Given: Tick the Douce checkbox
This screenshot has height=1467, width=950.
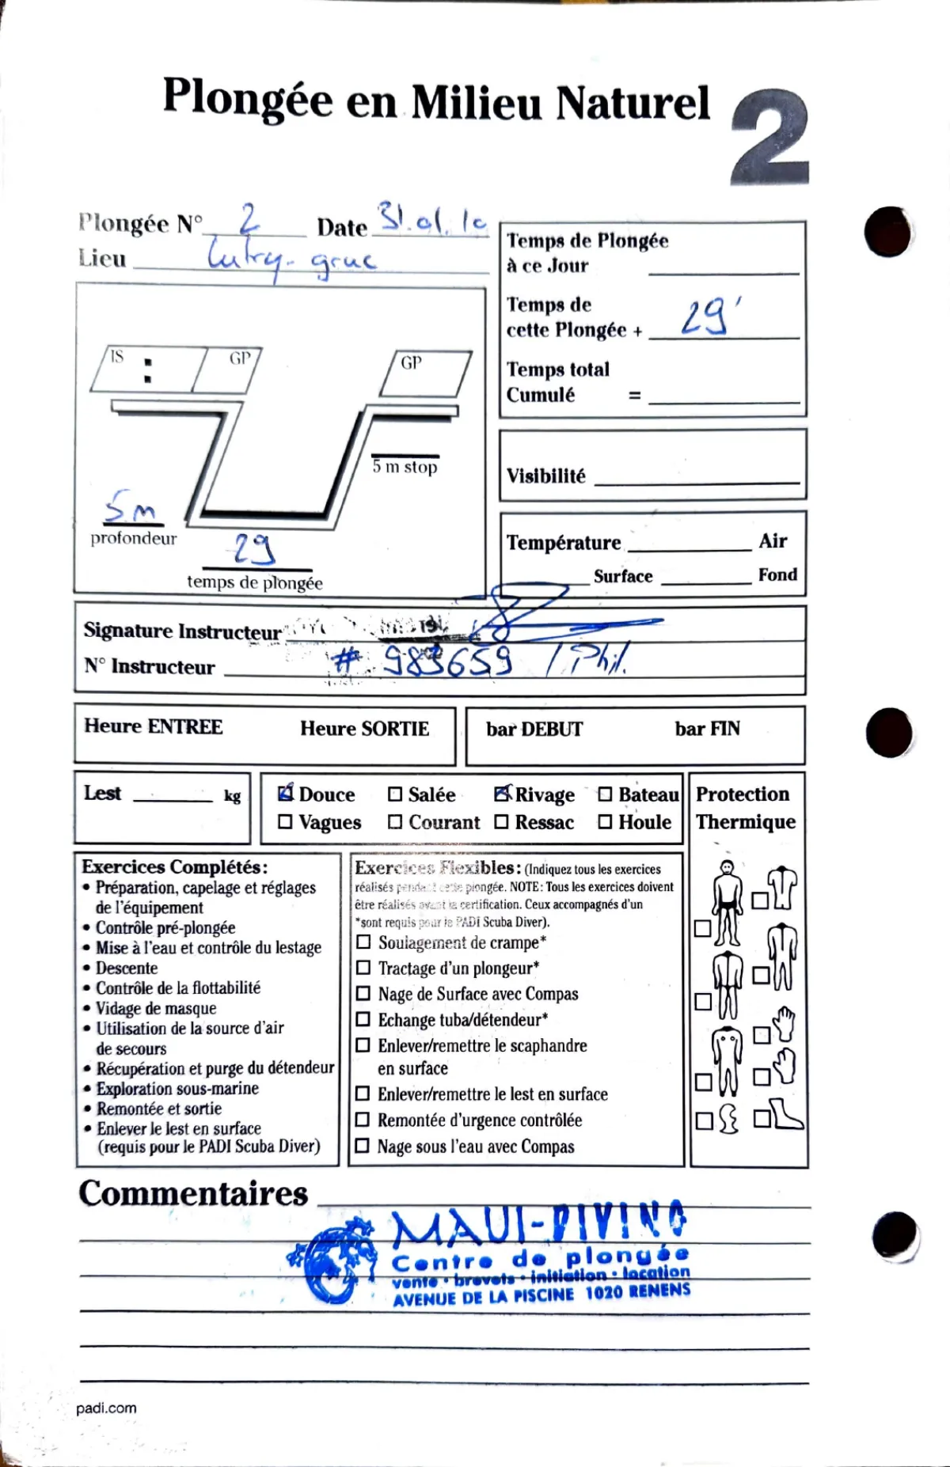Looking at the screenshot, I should [286, 794].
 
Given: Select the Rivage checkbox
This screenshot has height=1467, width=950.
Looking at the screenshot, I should [502, 794].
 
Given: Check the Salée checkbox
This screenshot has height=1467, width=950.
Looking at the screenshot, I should [395, 794].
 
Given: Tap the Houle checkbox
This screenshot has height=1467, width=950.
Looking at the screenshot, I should [605, 822].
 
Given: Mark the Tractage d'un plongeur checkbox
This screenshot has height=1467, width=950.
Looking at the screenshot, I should [363, 968].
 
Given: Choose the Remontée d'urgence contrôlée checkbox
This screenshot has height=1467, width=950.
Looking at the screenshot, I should [363, 1120].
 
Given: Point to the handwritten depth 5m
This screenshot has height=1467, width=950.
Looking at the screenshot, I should [132, 507].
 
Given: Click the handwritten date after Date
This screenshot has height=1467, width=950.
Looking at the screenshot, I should [431, 219].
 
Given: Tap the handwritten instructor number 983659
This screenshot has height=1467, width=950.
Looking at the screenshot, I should [447, 661].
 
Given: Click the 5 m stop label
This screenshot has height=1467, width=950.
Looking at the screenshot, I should [405, 467].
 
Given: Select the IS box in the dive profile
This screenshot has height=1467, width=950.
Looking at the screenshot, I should [146, 370].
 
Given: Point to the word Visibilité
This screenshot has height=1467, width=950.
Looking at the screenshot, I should [546, 476].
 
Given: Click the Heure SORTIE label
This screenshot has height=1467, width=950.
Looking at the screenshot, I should [364, 729].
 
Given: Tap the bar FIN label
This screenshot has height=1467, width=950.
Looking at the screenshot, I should [707, 729].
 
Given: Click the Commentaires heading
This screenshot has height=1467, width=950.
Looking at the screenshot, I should [193, 1193].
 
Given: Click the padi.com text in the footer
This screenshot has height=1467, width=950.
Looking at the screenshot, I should [106, 1408].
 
